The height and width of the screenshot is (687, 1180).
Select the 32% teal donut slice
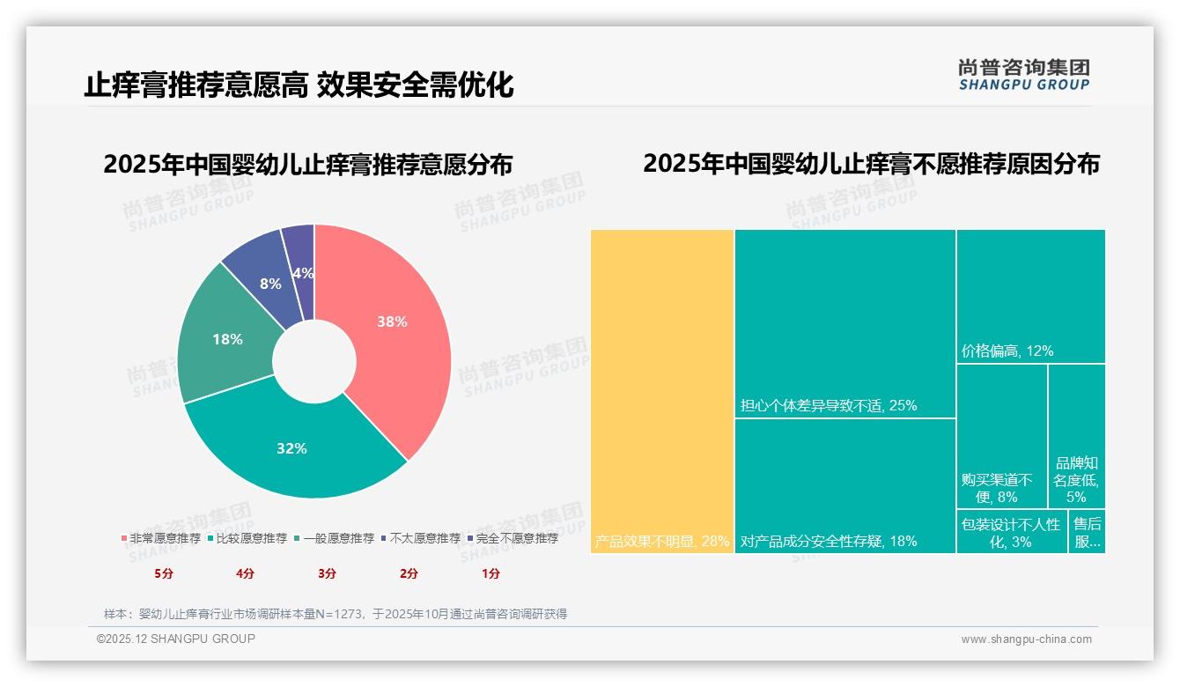coord(291,445)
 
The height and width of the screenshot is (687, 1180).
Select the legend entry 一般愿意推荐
coord(338,538)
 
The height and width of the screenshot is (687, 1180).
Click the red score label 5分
coord(164,573)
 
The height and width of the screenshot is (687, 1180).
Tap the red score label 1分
coord(490,573)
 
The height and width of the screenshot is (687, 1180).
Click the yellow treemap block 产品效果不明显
coord(662,388)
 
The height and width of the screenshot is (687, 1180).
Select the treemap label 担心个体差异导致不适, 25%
coord(829,406)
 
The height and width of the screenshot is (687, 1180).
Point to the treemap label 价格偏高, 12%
coord(1007,351)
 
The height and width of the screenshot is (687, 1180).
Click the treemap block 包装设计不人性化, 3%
coord(1010,533)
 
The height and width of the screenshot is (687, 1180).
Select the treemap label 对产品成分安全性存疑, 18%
coord(829,541)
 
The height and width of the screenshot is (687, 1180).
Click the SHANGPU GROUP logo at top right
coord(1024,75)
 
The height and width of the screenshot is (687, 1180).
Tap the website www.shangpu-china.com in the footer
coord(1026,639)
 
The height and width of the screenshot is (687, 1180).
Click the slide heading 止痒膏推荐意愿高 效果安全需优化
coord(299,85)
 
